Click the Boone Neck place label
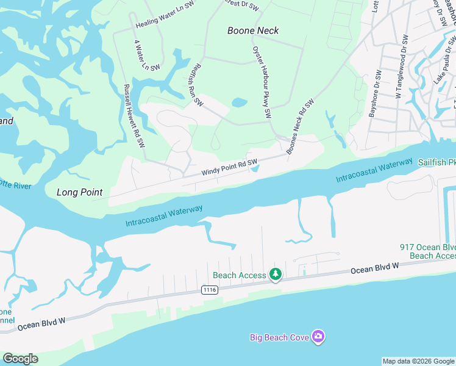(x=253, y=30)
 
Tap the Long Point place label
(x=79, y=192)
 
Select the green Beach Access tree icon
(x=276, y=275)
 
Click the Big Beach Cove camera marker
(x=318, y=337)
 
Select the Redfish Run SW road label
(x=196, y=84)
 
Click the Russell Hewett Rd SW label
(x=134, y=116)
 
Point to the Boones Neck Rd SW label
(x=300, y=126)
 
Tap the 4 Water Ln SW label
(x=146, y=56)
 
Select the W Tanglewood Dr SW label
(x=402, y=67)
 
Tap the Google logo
(x=20, y=359)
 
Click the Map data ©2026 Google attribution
(x=419, y=361)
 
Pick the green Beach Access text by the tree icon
(x=240, y=276)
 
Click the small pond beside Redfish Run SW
(x=240, y=102)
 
